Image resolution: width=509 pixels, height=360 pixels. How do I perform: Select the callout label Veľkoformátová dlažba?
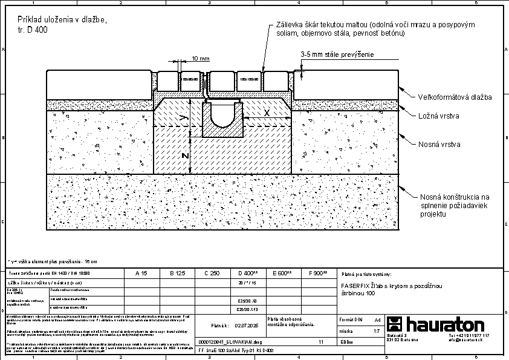[455, 97]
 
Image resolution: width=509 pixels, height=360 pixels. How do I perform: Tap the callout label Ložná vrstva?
[440, 115]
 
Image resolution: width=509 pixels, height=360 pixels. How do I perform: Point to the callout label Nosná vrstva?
[440, 145]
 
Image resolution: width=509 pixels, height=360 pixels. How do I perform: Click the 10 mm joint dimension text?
[200, 59]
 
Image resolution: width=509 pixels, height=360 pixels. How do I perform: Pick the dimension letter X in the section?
[267, 113]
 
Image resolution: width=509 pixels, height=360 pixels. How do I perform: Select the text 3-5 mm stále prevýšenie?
[337, 54]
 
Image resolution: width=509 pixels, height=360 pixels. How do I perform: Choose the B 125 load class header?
[177, 273]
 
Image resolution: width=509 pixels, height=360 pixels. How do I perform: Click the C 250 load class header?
[212, 273]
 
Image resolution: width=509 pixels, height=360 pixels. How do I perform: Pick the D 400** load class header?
[248, 273]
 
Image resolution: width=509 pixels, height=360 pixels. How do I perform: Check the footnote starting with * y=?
[52, 261]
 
